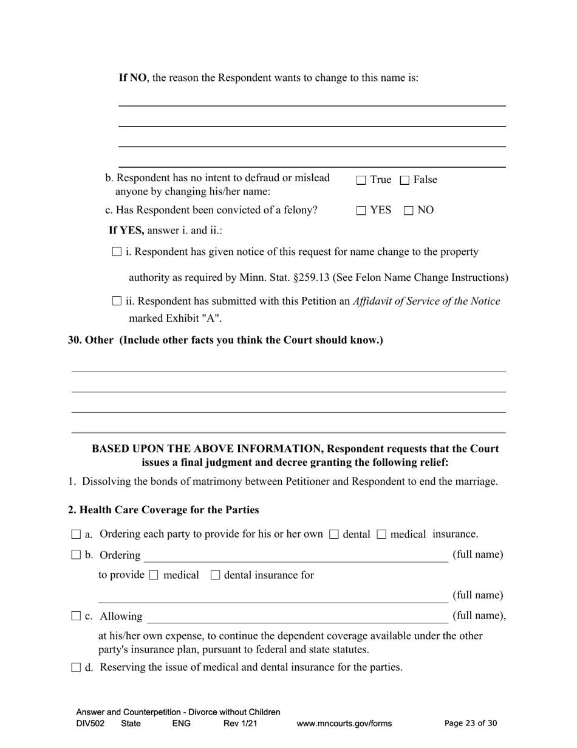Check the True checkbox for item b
pyautogui.click(x=361, y=180)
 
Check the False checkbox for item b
pyautogui.click(x=405, y=180)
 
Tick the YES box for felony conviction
pyautogui.click(x=361, y=210)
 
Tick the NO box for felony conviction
pyautogui.click(x=409, y=210)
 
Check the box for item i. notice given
pyautogui.click(x=117, y=252)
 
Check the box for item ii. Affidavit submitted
pyautogui.click(x=117, y=301)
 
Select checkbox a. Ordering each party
pyautogui.click(x=76, y=535)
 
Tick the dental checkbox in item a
pyautogui.click(x=333, y=535)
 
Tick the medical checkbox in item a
pyautogui.click(x=381, y=535)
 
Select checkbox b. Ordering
pyautogui.click(x=76, y=555)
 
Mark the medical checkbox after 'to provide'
pyautogui.click(x=154, y=575)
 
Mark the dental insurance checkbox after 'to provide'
pyautogui.click(x=215, y=575)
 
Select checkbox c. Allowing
pyautogui.click(x=76, y=616)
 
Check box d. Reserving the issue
pyautogui.click(x=76, y=667)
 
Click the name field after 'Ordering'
pyautogui.click(x=295, y=556)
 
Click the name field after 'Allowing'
pyautogui.click(x=297, y=617)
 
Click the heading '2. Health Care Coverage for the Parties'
pyautogui.click(x=163, y=510)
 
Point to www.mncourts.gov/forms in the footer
pyautogui.click(x=344, y=723)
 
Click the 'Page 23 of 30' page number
pyautogui.click(x=471, y=723)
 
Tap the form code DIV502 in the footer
pyautogui.click(x=90, y=723)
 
